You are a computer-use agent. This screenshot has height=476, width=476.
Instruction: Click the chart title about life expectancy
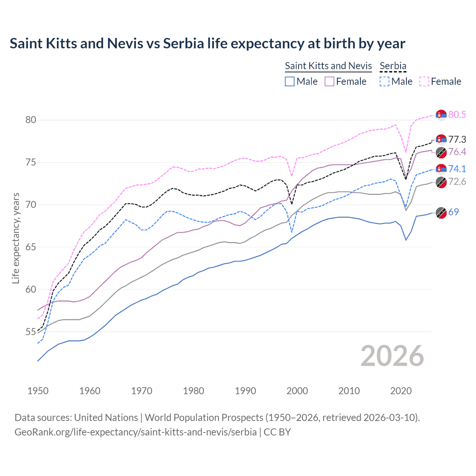[x=207, y=44]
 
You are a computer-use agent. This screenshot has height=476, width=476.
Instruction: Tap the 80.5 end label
[x=457, y=115]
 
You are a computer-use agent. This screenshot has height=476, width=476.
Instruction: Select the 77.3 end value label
[x=457, y=139]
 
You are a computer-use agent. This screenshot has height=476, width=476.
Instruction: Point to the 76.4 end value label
[x=457, y=152]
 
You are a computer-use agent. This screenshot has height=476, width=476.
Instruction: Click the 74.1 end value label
[x=457, y=169]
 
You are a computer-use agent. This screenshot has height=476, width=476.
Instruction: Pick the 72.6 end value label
[x=457, y=181]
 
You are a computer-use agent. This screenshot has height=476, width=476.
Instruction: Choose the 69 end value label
[x=453, y=212]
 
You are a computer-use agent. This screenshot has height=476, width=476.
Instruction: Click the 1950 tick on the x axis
[x=38, y=391]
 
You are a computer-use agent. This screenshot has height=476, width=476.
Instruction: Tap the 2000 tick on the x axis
[x=297, y=391]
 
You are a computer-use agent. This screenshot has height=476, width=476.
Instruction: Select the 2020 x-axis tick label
[x=401, y=391]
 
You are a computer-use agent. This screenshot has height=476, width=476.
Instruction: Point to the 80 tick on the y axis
[x=30, y=120]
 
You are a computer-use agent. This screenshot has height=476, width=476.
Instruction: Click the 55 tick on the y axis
[x=30, y=332]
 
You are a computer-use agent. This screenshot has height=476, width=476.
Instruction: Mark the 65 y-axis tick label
[x=30, y=247]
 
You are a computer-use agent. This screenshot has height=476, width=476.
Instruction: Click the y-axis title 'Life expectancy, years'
[x=16, y=238]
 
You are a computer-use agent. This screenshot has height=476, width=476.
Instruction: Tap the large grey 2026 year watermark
[x=392, y=356]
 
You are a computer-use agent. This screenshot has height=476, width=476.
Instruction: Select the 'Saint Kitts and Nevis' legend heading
[x=328, y=66]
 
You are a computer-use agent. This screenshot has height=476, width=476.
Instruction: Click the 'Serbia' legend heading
[x=393, y=66]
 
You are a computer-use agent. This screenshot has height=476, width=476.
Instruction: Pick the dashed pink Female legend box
[x=424, y=81]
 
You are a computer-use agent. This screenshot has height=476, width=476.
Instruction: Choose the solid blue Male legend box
[x=290, y=81]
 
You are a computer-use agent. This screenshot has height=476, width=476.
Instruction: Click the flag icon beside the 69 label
[x=441, y=212]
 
